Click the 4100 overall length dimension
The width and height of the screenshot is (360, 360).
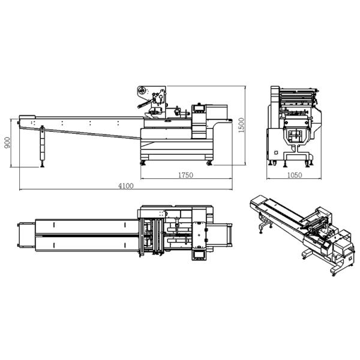click(x=125, y=186)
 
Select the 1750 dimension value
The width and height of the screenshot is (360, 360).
click(x=185, y=175)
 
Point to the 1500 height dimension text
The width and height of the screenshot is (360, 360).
click(x=241, y=125)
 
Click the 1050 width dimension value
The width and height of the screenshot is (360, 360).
click(x=294, y=175)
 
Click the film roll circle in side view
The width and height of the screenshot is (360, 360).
click(x=142, y=92)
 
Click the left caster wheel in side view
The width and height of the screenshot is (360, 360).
click(x=144, y=163)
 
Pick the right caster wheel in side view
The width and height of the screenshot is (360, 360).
click(x=209, y=163)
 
